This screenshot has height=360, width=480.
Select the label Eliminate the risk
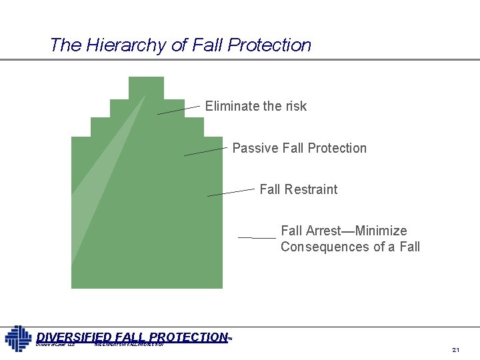[256, 106]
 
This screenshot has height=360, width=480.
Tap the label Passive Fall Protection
[299, 148]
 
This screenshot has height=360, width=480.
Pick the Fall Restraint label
[298, 189]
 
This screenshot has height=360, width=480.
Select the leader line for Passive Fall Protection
[205, 151]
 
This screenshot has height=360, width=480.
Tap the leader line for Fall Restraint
[231, 192]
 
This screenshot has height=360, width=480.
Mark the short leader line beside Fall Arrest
[257, 237]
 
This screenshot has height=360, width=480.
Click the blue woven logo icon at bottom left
[18, 338]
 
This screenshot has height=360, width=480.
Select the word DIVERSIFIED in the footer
[74, 337]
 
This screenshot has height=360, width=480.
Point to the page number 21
[456, 350]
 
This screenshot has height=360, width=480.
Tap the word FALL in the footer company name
[131, 337]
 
